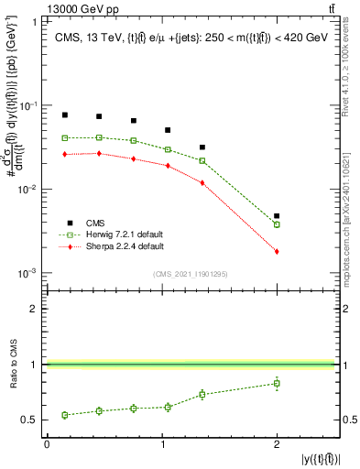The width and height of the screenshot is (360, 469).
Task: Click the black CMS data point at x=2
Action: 277,216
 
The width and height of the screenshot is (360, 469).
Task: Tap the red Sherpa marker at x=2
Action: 277,251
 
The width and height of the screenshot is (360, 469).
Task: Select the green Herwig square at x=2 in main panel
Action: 277,224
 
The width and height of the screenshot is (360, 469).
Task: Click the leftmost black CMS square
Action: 65,115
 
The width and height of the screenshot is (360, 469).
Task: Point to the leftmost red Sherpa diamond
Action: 65,155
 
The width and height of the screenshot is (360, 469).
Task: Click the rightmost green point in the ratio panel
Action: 277,383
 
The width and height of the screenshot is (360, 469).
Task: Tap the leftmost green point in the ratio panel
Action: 65,415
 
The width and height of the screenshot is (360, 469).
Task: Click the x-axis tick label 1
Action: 162,444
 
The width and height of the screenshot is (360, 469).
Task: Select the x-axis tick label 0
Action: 48,444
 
